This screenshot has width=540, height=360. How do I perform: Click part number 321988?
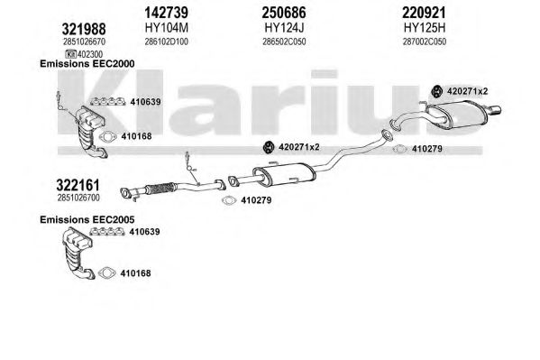click(84, 29)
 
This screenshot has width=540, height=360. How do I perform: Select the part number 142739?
click(167, 13)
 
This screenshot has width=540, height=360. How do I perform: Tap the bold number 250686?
click(284, 13)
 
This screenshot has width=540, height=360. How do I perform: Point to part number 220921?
click(424, 13)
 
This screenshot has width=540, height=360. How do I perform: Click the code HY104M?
click(167, 28)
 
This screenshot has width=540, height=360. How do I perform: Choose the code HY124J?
click(284, 28)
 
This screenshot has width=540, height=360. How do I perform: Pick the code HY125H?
click(425, 28)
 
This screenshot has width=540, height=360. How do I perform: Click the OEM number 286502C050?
click(284, 42)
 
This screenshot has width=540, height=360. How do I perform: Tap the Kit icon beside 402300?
click(71, 54)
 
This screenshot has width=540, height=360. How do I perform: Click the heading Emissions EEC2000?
click(87, 64)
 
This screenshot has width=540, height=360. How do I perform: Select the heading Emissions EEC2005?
click(87, 219)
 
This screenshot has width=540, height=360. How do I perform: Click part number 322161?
click(78, 185)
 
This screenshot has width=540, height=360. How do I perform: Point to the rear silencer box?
click(456, 115)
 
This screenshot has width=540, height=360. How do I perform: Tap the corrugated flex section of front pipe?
click(160, 189)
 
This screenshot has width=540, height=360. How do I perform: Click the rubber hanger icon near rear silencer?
click(437, 91)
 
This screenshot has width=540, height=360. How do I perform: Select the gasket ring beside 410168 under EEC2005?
click(106, 273)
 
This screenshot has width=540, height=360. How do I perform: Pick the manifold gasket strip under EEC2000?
click(108, 102)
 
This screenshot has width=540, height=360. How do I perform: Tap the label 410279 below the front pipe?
click(256, 200)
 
